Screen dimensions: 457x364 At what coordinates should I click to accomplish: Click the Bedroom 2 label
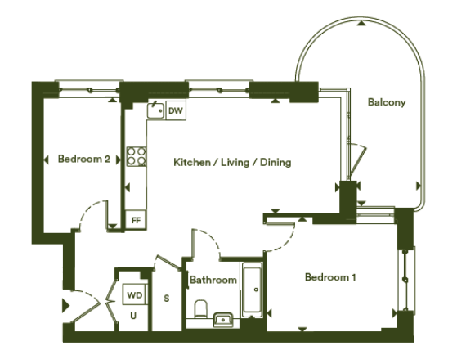[x=84, y=159]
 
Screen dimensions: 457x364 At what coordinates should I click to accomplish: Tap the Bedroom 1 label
[x=330, y=277]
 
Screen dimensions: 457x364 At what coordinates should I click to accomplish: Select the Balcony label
[x=387, y=102]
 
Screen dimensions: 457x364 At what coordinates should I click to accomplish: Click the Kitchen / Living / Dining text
[x=232, y=162]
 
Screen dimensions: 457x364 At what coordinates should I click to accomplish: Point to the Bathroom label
[x=213, y=280]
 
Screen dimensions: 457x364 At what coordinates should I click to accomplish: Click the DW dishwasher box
[x=176, y=110]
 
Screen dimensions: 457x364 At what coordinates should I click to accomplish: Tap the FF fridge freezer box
[x=136, y=220]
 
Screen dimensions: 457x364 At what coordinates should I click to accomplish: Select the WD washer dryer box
[x=134, y=294]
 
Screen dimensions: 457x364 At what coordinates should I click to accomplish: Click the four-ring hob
[x=137, y=156]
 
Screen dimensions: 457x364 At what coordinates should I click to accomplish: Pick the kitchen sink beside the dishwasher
[x=155, y=110]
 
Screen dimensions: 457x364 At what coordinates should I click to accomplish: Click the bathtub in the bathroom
[x=252, y=290]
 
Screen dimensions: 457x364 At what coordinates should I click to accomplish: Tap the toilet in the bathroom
[x=200, y=309]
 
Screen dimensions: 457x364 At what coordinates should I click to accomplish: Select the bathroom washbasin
[x=223, y=320]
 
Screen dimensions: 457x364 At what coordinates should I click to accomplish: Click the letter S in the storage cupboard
[x=167, y=299]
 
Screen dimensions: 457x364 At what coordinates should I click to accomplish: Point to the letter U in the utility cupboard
[x=133, y=316]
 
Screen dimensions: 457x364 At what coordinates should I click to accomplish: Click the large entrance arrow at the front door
[x=66, y=306]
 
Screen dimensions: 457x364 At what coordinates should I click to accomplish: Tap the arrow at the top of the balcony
[x=361, y=24]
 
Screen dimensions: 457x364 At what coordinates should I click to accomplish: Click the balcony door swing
[x=358, y=160]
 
